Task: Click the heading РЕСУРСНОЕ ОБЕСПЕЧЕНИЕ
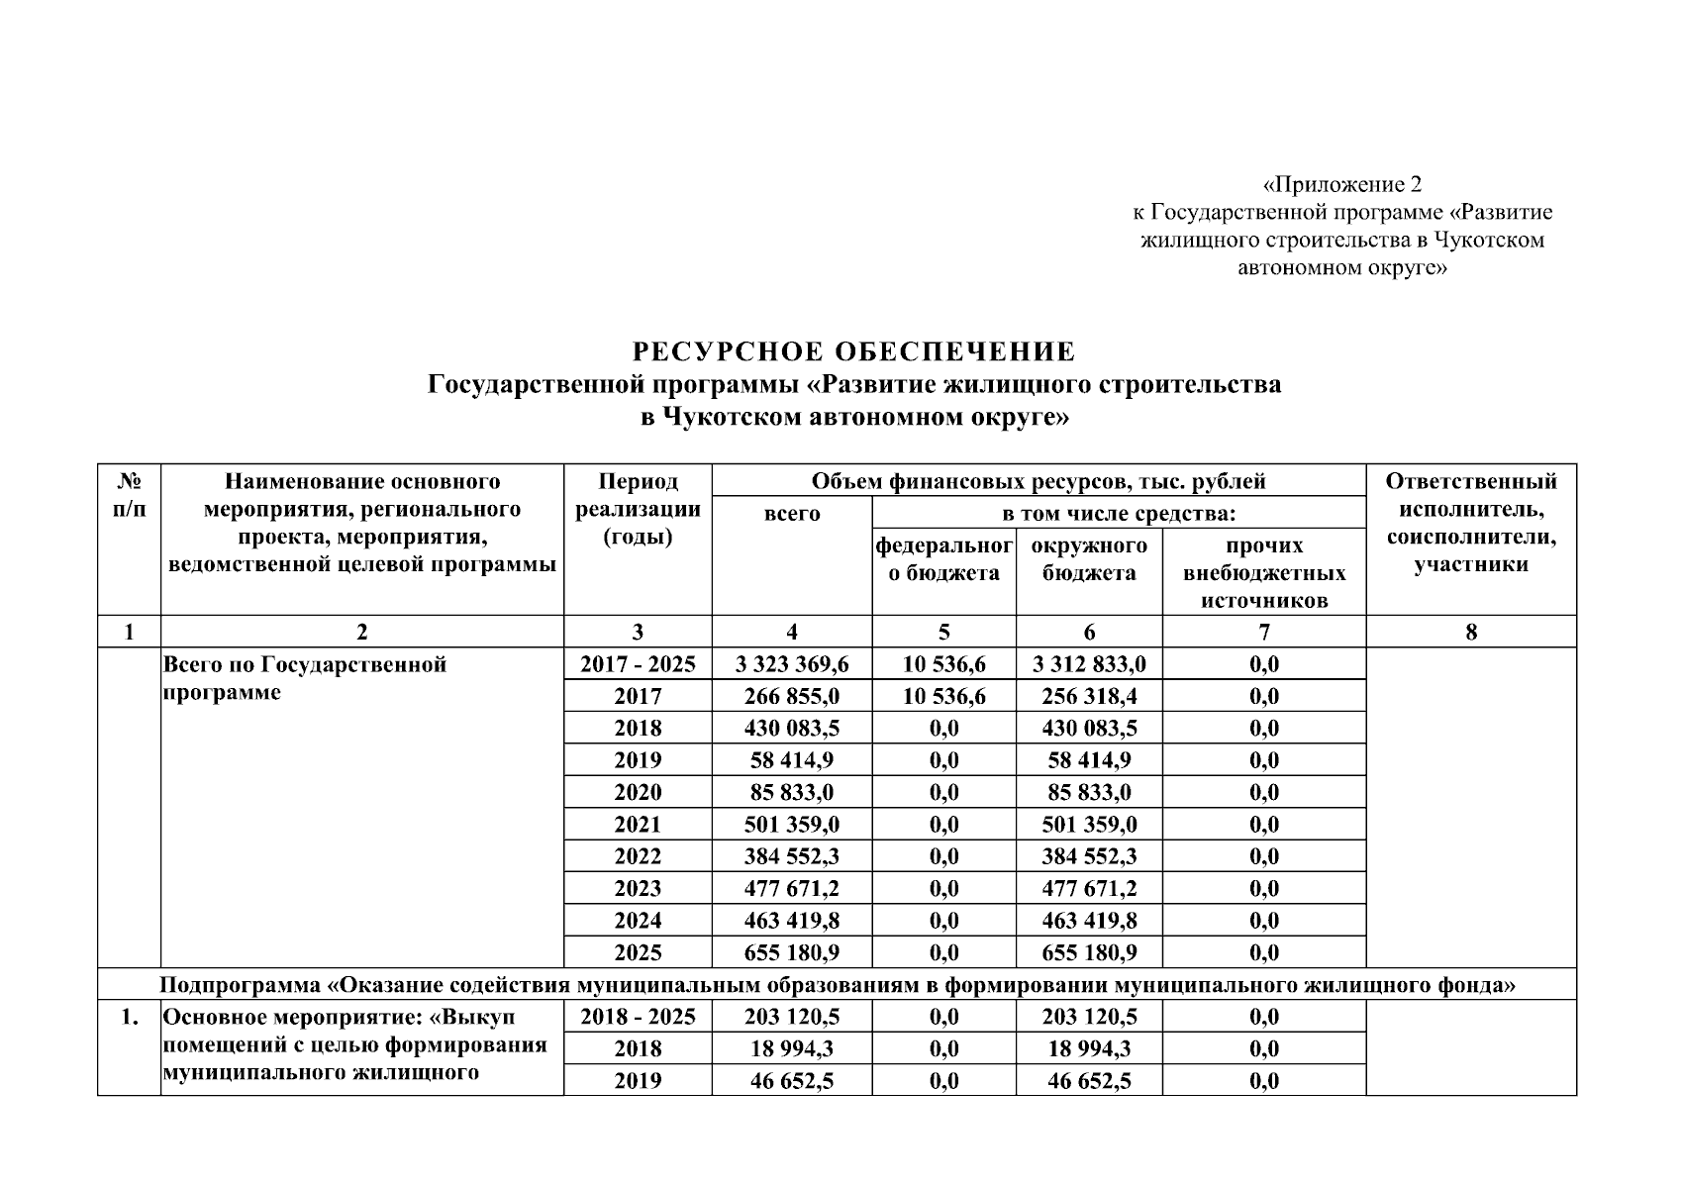[x=853, y=351]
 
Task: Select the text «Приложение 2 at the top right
[x=1342, y=184]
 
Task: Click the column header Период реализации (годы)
[x=638, y=509]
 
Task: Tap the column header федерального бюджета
[x=943, y=559]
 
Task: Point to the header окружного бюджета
[x=1089, y=559]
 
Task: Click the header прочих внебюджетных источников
[x=1264, y=573]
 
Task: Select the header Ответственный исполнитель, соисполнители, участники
[x=1470, y=523]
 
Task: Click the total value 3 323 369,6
[x=791, y=664]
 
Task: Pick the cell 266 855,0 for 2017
[x=791, y=696]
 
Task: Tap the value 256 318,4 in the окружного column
[x=1089, y=696]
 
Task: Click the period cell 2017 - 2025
[x=638, y=664]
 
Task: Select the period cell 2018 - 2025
[x=638, y=1017]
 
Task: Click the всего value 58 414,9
[x=791, y=760]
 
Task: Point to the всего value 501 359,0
[x=791, y=825]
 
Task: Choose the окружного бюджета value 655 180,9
[x=1089, y=952]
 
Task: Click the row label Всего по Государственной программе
[x=304, y=678]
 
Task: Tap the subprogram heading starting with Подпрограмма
[x=838, y=985]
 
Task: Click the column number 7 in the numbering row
[x=1264, y=632]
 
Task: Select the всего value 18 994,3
[x=791, y=1048]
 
